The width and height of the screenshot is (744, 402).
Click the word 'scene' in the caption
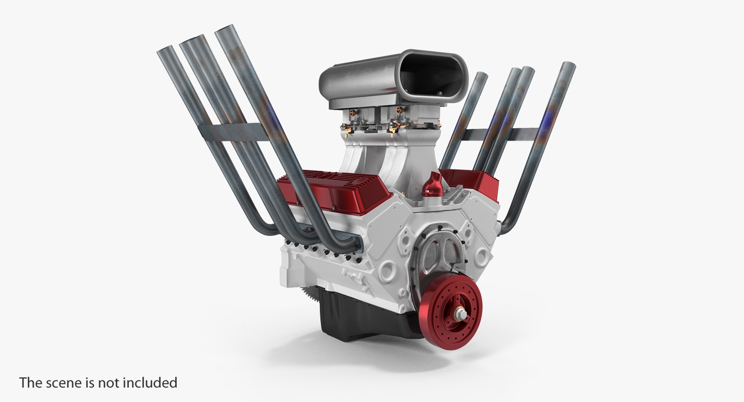pyautogui.click(x=66, y=383)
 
